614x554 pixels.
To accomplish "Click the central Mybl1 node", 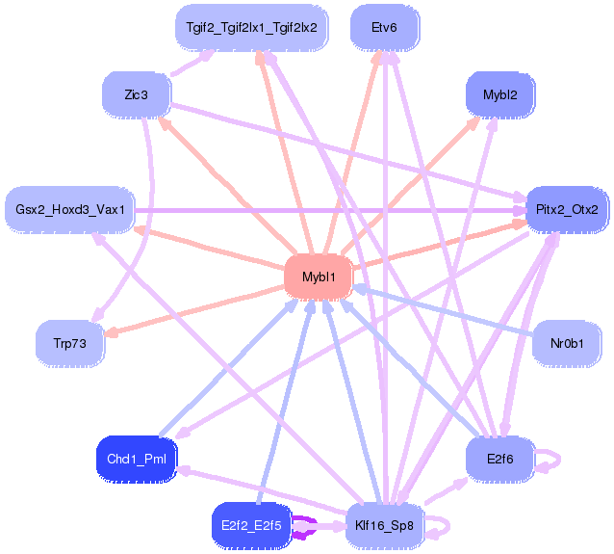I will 319,277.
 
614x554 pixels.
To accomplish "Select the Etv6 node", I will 383,26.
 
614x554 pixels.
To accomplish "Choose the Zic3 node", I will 136,95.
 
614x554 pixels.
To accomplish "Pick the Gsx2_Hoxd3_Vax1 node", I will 69,208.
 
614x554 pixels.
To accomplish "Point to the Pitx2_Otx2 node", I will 567,208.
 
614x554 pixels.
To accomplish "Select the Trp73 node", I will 69,342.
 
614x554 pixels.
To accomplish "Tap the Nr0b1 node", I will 567,341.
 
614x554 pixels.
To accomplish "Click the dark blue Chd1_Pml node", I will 137,458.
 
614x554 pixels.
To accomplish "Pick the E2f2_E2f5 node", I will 250,525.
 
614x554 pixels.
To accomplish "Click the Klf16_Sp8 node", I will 384,525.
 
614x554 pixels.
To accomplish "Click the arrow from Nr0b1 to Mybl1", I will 443,309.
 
